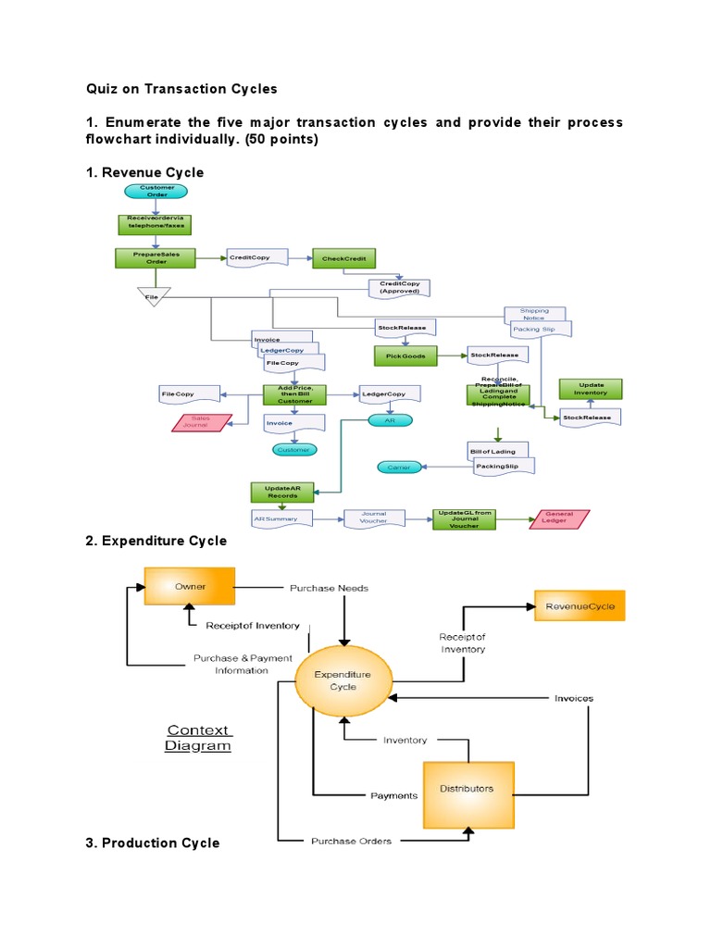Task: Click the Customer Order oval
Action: (156, 191)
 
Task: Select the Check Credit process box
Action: (343, 259)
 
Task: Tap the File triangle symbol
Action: (154, 296)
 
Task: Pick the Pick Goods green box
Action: (405, 355)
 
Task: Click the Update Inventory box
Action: (591, 389)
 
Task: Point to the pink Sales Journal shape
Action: (201, 422)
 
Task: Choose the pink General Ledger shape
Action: (559, 518)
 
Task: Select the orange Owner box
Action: (189, 587)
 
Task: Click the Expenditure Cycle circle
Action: (343, 681)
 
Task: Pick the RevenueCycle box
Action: (580, 606)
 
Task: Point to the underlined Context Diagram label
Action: (198, 738)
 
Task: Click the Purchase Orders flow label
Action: (351, 841)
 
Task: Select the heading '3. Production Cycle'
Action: (153, 842)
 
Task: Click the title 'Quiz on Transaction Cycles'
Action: (181, 89)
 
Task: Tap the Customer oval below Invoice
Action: (293, 449)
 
